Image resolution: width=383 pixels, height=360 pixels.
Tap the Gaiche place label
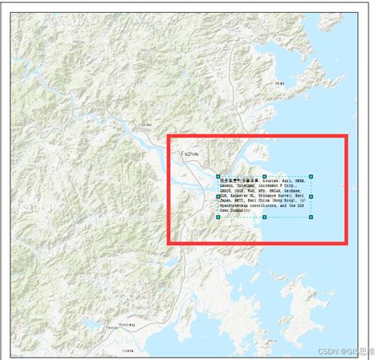tap(145, 125)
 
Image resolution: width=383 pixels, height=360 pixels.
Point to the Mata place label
tap(280, 83)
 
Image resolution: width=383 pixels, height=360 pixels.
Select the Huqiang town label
tap(127, 325)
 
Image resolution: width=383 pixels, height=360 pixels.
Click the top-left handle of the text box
tap(218, 176)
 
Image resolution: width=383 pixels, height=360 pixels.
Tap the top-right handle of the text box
tap(311, 176)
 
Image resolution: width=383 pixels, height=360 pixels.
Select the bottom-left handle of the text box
tap(218, 218)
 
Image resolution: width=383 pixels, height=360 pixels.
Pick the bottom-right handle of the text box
tap(311, 218)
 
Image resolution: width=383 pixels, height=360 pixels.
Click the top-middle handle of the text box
tap(265, 176)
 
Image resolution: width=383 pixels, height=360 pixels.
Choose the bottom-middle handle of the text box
tap(265, 218)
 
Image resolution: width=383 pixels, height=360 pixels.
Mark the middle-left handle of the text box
tap(218, 197)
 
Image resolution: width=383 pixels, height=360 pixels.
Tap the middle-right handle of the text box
tap(311, 197)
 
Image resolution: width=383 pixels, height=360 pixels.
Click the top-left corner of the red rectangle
tap(168, 137)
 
